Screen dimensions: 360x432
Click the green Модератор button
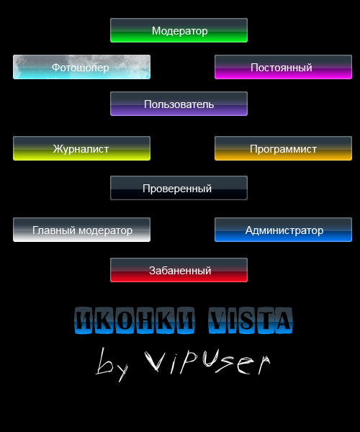pyautogui.click(x=179, y=30)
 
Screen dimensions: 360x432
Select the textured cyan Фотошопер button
pyautogui.click(x=81, y=67)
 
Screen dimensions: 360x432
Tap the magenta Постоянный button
pyautogui.click(x=283, y=67)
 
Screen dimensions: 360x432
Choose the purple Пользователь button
pyautogui.click(x=179, y=104)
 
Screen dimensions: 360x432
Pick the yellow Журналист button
pyautogui.click(x=81, y=148)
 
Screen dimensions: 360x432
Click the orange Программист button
pyautogui.click(x=283, y=148)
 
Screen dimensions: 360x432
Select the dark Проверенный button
pyautogui.click(x=179, y=188)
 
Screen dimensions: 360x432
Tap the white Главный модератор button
pyautogui.click(x=81, y=230)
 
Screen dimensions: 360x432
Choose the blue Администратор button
pyautogui.click(x=283, y=230)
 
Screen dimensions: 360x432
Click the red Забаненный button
pyautogui.click(x=179, y=270)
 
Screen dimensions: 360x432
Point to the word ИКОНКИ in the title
pyautogui.click(x=135, y=320)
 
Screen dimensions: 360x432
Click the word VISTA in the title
pyautogui.click(x=251, y=320)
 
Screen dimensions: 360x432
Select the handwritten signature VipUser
pyautogui.click(x=207, y=361)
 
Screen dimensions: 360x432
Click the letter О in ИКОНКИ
pyautogui.click(x=125, y=320)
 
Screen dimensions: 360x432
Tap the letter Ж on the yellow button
pyautogui.click(x=58, y=149)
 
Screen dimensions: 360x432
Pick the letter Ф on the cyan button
pyautogui.click(x=56, y=68)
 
